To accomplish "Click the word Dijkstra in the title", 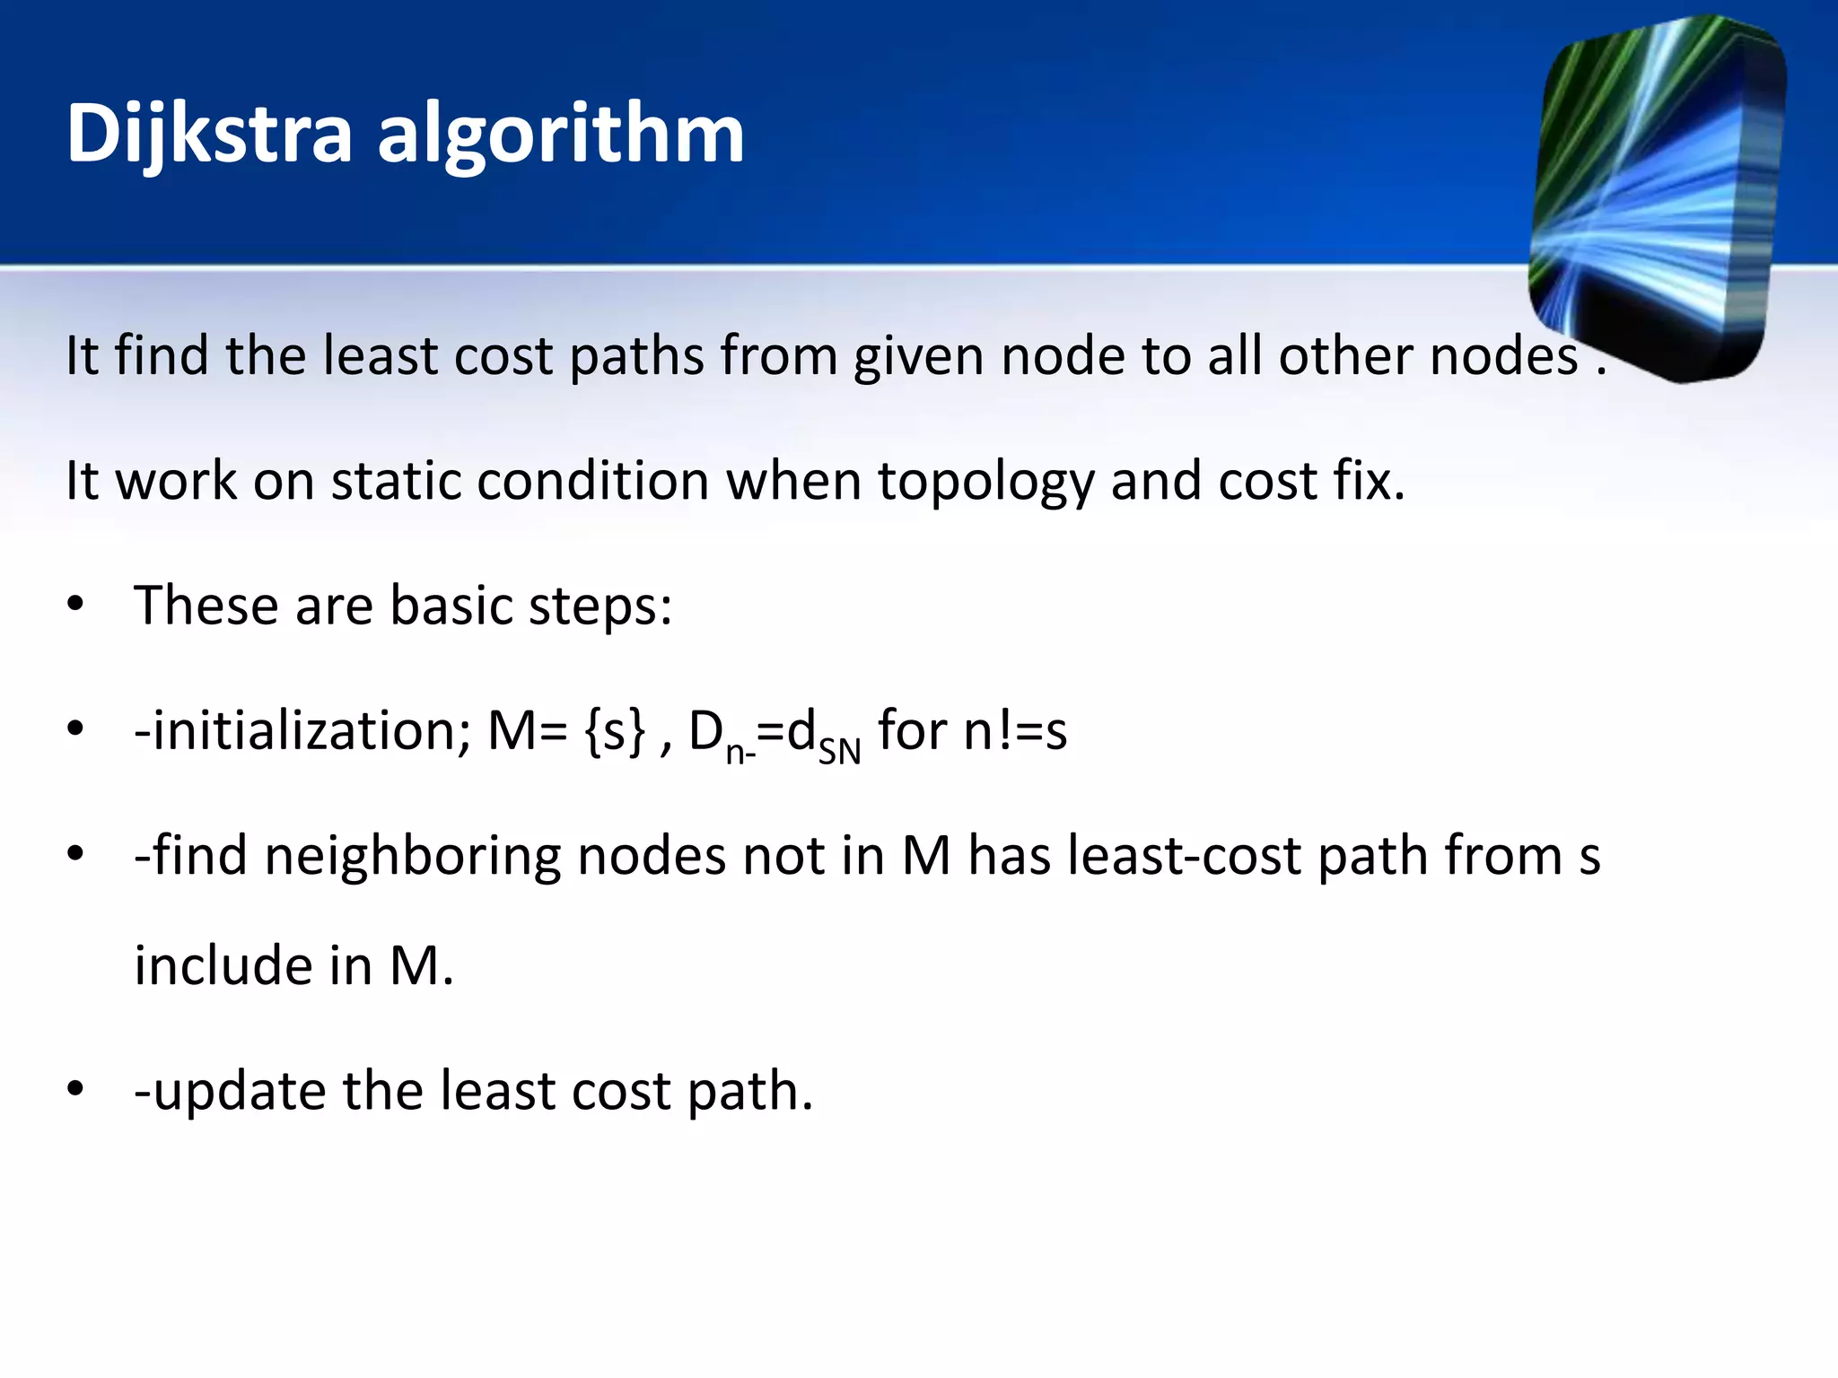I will [209, 135].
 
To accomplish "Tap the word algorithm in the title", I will [561, 135].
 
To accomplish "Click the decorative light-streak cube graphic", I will [1657, 197].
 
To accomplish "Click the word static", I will [396, 481].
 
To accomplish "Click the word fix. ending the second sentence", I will [1369, 481].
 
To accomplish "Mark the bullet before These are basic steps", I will [75, 606].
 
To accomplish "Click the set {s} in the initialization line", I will [614, 731].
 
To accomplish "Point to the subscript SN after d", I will [839, 751].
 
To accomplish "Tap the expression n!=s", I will [1015, 731].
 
